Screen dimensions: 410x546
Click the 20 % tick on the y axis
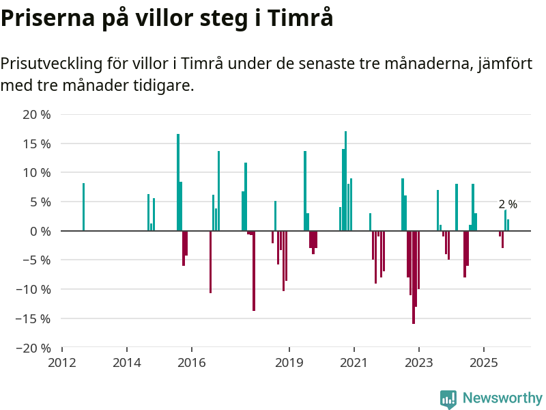(x=37, y=115)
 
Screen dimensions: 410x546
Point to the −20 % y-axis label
(x=33, y=348)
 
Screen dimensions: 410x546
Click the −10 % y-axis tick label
(x=33, y=289)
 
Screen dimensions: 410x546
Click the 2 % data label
(x=508, y=204)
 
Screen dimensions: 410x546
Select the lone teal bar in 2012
(x=83, y=207)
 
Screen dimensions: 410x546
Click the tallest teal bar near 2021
(x=346, y=181)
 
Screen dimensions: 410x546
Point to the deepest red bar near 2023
(x=414, y=277)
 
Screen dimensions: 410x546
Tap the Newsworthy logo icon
(x=448, y=399)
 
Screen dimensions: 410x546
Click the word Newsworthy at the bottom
(x=502, y=398)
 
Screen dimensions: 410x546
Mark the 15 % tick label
(x=37, y=144)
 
